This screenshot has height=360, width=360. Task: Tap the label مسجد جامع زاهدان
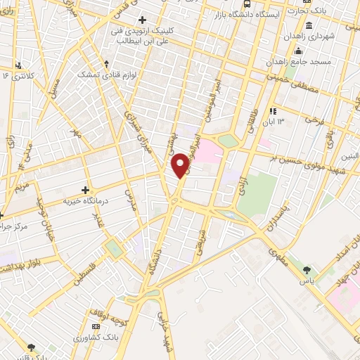318,62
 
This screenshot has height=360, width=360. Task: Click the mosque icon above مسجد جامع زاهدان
299,50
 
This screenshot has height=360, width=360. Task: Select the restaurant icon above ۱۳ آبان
274,110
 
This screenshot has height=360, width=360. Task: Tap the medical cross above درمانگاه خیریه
85,189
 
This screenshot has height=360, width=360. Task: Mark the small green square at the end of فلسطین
113,248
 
